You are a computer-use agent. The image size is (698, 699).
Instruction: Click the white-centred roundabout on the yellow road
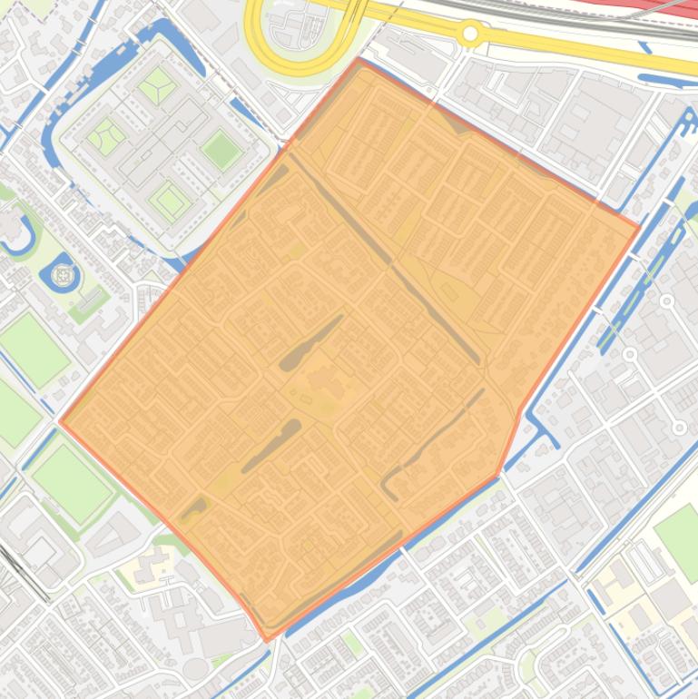pyautogui.click(x=470, y=34)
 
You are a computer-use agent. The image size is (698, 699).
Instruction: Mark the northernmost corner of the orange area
pyautogui.click(x=360, y=60)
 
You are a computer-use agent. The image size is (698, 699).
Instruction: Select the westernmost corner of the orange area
pyautogui.click(x=60, y=421)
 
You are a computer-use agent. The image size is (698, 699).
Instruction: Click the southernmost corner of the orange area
pyautogui.click(x=266, y=640)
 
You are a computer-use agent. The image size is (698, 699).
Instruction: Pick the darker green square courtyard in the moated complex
pyautogui.click(x=220, y=149)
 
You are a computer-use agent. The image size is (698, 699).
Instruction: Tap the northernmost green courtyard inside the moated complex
pyautogui.click(x=158, y=84)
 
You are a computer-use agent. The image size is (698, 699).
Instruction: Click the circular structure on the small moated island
pyautogui.click(x=63, y=274)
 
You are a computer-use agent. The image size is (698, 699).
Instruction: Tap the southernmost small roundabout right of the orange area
pyautogui.click(x=679, y=427)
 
